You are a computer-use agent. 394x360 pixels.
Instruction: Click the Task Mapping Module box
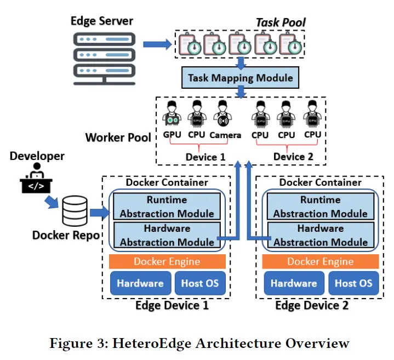point(241,78)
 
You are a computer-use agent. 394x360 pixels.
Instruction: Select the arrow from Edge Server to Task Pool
point(157,44)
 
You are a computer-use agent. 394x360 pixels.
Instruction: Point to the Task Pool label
point(281,23)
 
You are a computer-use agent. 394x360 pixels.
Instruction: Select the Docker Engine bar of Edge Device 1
point(167,261)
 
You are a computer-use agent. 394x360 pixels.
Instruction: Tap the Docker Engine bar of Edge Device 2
point(321,261)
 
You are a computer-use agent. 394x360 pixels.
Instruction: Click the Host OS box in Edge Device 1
point(200,283)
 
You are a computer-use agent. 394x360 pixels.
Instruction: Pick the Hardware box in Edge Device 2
point(294,283)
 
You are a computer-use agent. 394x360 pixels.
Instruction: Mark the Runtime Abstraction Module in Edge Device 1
point(167,207)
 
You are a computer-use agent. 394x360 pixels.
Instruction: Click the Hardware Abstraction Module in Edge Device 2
point(321,235)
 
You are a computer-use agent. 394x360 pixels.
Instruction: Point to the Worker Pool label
point(118,137)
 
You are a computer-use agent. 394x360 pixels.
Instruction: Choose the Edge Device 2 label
point(311,305)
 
